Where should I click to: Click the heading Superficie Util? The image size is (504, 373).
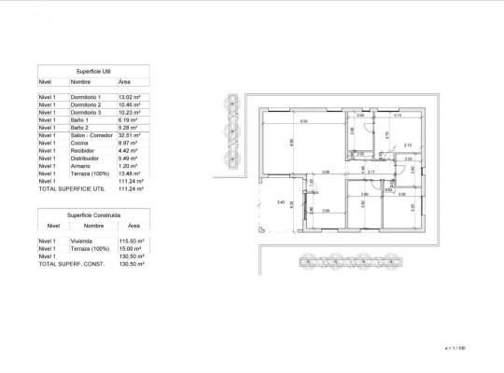(92, 70)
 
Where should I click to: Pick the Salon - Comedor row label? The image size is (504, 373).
(90, 136)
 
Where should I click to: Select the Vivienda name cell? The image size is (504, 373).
(82, 241)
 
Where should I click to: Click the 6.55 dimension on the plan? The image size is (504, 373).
(302, 121)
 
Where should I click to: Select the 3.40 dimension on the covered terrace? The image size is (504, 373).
(280, 201)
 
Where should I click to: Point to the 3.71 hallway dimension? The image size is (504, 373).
(371, 173)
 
